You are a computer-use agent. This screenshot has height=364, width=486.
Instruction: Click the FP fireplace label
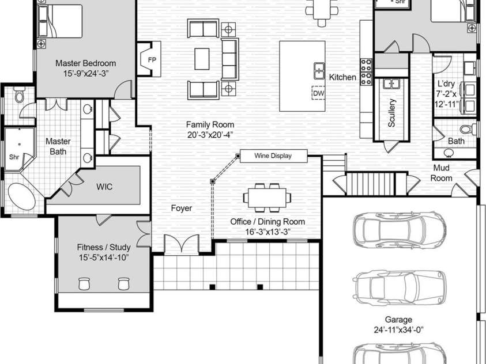coord(152,60)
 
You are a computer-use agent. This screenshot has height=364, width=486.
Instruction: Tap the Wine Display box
coord(273,156)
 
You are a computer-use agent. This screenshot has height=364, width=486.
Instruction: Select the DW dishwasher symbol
coord(318,93)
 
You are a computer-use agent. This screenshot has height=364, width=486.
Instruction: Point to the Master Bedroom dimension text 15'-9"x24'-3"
coord(86,73)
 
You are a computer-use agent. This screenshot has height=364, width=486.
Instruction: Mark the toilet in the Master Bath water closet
coord(20,94)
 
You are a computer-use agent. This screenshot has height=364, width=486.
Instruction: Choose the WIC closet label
coord(104,187)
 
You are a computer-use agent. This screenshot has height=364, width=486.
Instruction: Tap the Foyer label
coord(182,208)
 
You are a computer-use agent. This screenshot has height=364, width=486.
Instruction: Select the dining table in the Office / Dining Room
coord(267,198)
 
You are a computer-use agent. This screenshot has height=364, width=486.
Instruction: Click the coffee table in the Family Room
coord(202,59)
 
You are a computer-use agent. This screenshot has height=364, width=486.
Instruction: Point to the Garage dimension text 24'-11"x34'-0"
coord(398,330)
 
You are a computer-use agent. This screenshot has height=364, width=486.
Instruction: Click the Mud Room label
coord(441,173)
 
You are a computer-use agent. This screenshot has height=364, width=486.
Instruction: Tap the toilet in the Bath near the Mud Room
coord(467,129)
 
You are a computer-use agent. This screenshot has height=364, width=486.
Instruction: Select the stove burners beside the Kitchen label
coord(366,71)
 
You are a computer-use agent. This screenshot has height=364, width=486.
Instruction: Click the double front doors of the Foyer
coord(182,244)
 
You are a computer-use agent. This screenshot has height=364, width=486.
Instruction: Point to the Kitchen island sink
coord(319,71)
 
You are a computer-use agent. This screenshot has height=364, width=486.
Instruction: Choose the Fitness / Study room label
coord(104,247)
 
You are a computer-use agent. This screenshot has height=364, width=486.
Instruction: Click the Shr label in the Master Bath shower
coord(14,157)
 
